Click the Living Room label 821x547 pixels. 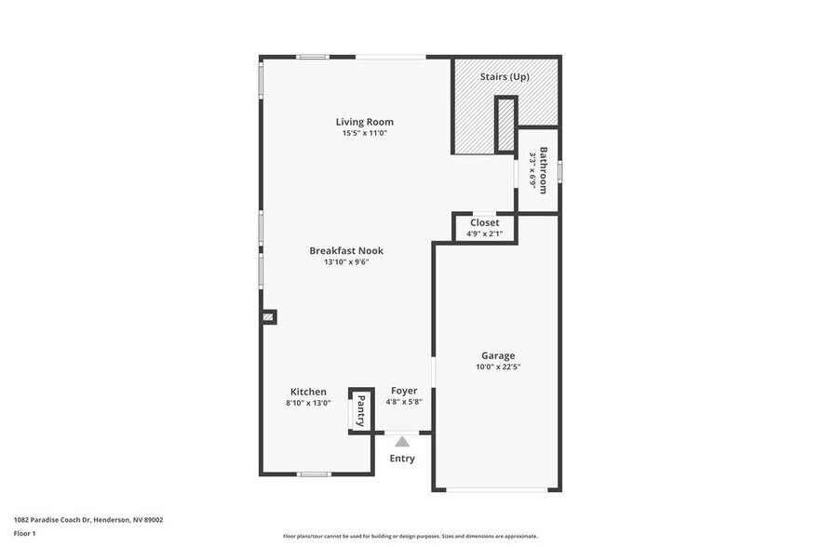click(x=364, y=122)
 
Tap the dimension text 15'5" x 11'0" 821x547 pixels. click(x=364, y=133)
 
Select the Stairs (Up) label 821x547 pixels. click(x=505, y=76)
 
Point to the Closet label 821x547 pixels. click(x=484, y=223)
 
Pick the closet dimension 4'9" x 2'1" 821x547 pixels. click(x=484, y=233)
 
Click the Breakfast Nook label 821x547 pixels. click(x=346, y=250)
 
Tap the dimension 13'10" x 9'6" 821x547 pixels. click(x=346, y=262)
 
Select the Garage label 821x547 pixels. click(x=498, y=355)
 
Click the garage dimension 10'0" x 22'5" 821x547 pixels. click(x=498, y=367)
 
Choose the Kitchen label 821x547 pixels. click(x=308, y=392)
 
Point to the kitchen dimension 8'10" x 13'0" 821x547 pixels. click(x=308, y=403)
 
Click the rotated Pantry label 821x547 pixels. click(x=360, y=410)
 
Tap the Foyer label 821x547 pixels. click(x=404, y=391)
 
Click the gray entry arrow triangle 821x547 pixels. click(x=402, y=442)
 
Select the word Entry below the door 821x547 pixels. click(x=402, y=459)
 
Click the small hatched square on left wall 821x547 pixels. click(x=268, y=317)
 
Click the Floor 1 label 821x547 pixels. click(x=25, y=533)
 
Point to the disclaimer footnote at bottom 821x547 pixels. click(x=410, y=536)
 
